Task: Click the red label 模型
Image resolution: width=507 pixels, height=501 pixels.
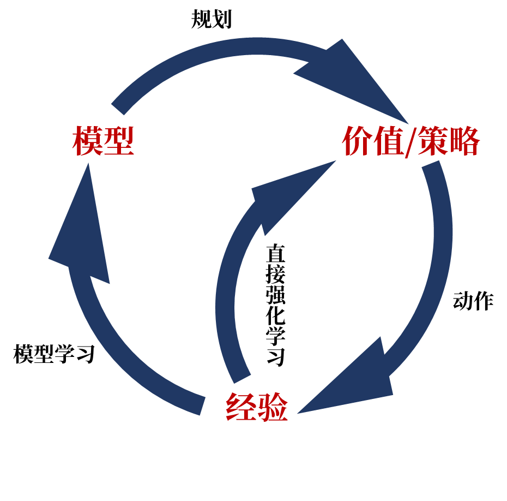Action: tap(103, 141)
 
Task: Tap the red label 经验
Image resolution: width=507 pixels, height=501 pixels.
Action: tap(257, 408)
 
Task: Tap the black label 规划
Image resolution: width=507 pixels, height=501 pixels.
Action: tap(212, 19)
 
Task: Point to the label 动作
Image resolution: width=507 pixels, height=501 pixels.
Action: tap(473, 301)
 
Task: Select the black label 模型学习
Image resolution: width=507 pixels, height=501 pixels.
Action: tap(55, 354)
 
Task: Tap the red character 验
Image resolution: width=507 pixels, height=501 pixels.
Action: tap(273, 408)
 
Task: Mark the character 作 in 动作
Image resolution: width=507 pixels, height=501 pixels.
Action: tap(484, 301)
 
